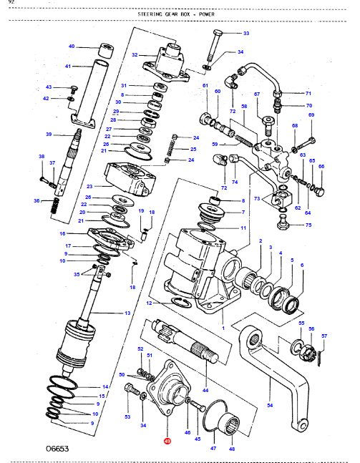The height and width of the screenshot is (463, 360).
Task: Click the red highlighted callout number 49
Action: [167, 441]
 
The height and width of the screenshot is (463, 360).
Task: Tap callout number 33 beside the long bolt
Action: [246, 34]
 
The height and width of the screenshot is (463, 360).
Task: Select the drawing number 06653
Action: [57, 449]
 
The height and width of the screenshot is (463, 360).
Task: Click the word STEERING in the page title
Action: [150, 14]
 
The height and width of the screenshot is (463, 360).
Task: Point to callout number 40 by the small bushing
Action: [72, 47]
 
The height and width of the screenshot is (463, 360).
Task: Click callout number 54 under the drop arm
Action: [270, 406]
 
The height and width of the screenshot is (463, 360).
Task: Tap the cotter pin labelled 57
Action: [320, 358]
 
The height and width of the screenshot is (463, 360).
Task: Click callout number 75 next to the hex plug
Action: [308, 225]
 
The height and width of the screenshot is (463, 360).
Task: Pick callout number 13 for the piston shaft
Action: [127, 313]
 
